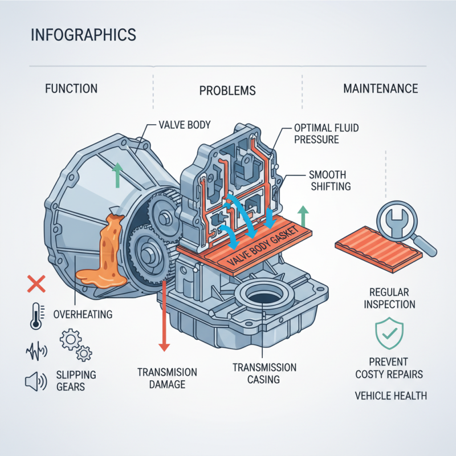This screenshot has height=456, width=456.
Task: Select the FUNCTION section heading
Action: [71, 88]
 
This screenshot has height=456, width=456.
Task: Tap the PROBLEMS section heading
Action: [227, 91]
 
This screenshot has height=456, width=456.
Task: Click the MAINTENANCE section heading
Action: [380, 88]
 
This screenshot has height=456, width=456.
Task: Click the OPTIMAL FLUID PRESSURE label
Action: [327, 133]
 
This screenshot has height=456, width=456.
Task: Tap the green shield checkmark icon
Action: [389, 335]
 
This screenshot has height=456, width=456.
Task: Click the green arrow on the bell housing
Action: [117, 174]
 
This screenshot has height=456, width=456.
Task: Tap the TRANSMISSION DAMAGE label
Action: [167, 378]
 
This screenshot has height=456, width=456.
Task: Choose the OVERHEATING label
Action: [83, 314]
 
